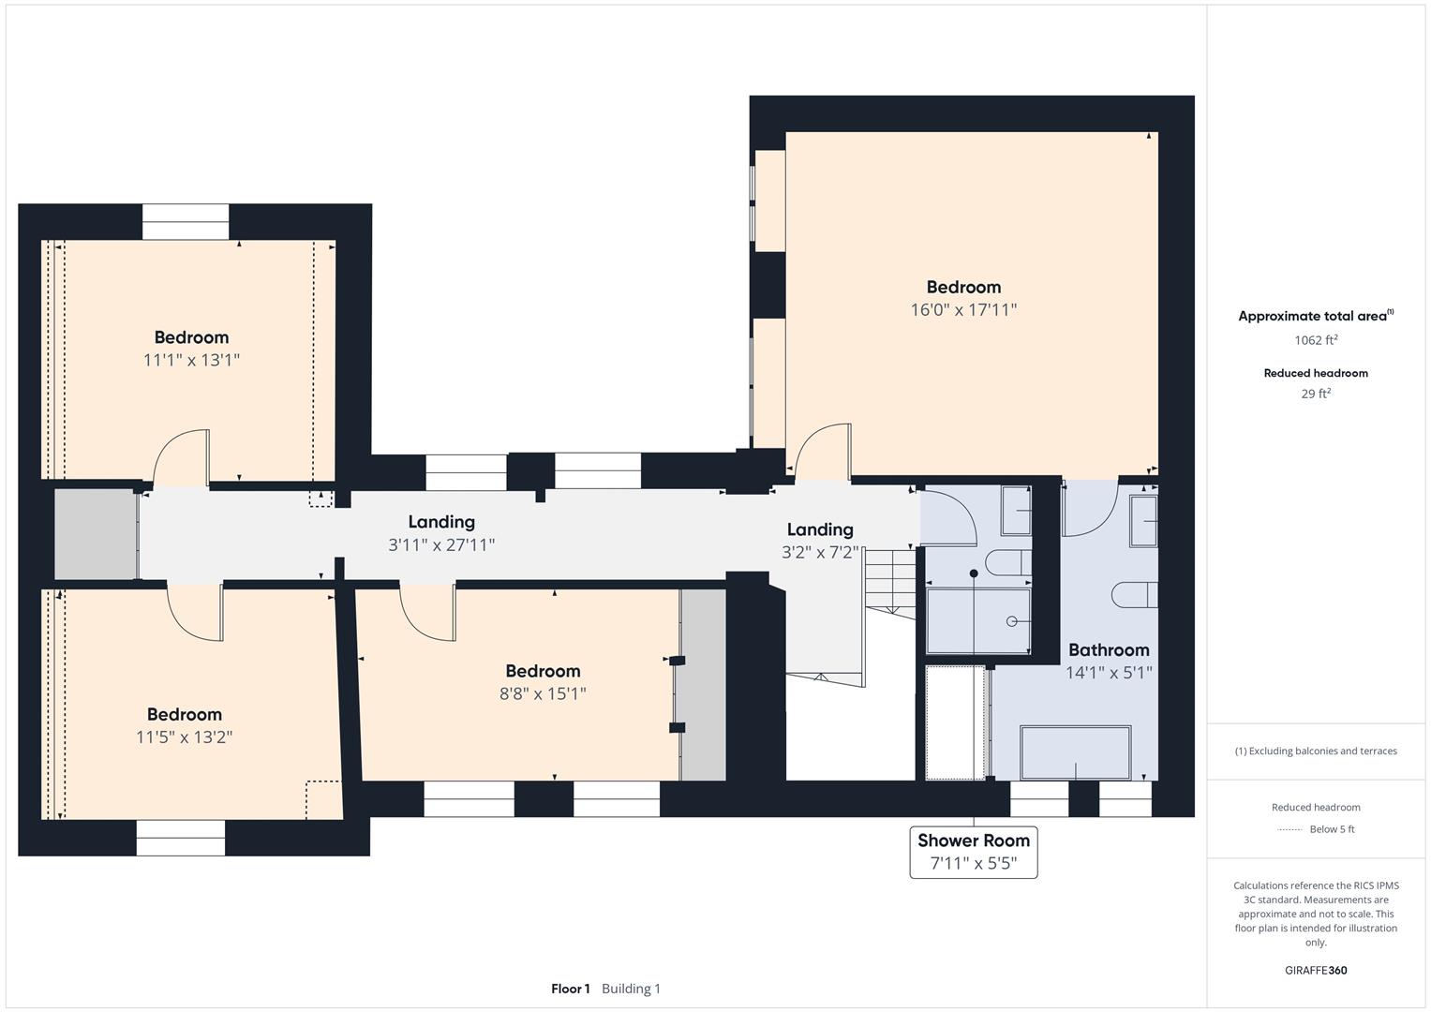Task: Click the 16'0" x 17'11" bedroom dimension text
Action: click(x=963, y=310)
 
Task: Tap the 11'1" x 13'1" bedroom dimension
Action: click(x=191, y=361)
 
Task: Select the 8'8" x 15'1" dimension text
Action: click(x=543, y=693)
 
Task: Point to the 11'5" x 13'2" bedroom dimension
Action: click(x=184, y=737)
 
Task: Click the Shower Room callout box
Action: click(x=974, y=853)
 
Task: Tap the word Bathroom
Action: click(x=1109, y=649)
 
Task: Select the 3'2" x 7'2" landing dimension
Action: click(x=820, y=552)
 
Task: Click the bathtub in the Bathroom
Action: click(x=1076, y=752)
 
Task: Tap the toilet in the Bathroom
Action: click(x=1135, y=595)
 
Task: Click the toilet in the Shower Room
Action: click(x=1008, y=563)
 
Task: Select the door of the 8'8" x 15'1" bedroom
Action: click(x=427, y=611)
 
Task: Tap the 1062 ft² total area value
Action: click(x=1316, y=340)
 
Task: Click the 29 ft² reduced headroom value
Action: click(x=1316, y=394)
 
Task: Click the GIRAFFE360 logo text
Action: click(x=1316, y=971)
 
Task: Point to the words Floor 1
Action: click(x=571, y=989)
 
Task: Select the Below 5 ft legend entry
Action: click(x=1332, y=829)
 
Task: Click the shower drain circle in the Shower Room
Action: click(x=1011, y=621)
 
